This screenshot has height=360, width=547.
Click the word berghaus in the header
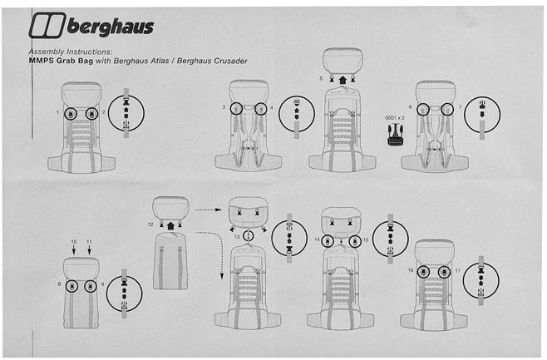click(110, 28)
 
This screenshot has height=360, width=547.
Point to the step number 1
click(57, 111)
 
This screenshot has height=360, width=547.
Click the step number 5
click(320, 78)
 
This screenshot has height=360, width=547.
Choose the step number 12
click(150, 224)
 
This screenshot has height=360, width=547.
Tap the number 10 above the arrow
click(73, 241)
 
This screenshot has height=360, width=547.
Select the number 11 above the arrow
click(91, 241)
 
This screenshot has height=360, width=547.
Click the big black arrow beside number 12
click(170, 224)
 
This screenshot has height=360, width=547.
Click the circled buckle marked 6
click(423, 109)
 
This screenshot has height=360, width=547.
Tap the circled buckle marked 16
click(423, 272)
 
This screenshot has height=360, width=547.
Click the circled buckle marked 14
click(329, 240)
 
